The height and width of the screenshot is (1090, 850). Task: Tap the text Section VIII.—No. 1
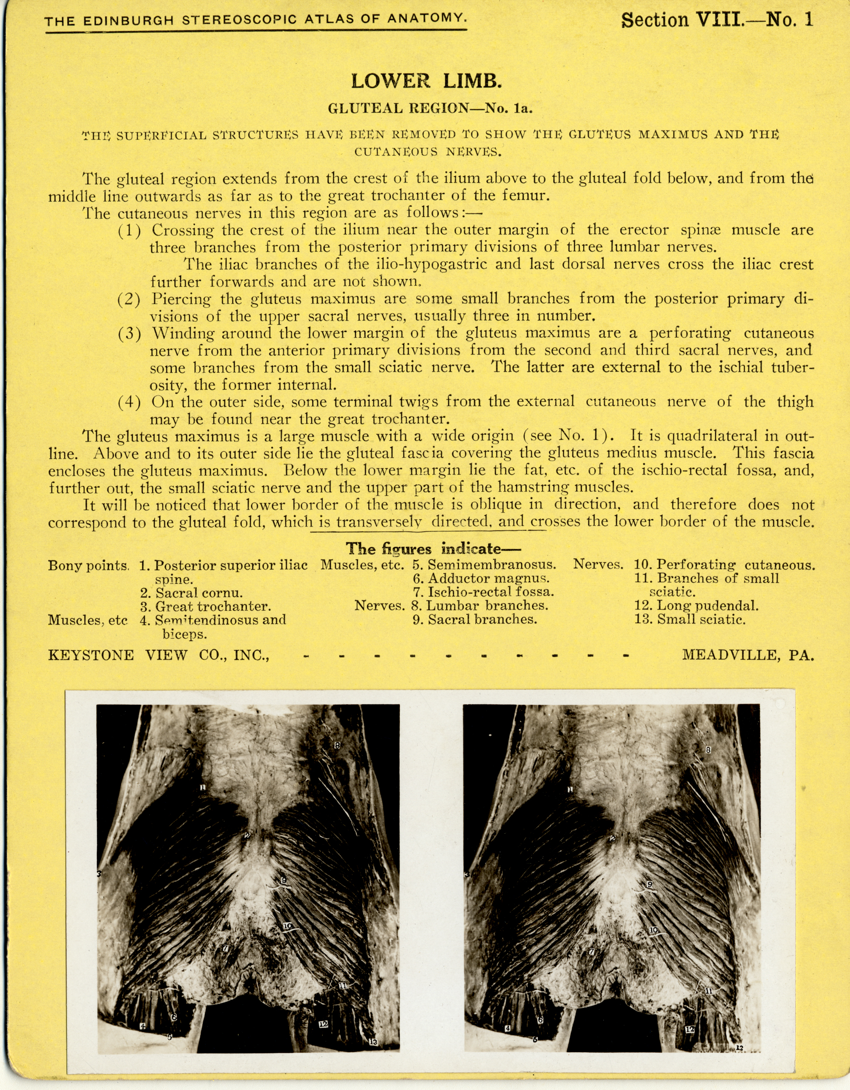pos(717,20)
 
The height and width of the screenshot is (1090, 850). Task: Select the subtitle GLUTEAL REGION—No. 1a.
pos(430,108)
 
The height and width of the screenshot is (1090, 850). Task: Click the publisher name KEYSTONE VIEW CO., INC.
pos(159,655)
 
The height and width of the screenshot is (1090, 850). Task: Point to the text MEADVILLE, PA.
pos(748,655)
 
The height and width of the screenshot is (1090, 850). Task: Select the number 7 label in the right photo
pos(592,952)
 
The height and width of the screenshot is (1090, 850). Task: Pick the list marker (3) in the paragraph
pos(129,333)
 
